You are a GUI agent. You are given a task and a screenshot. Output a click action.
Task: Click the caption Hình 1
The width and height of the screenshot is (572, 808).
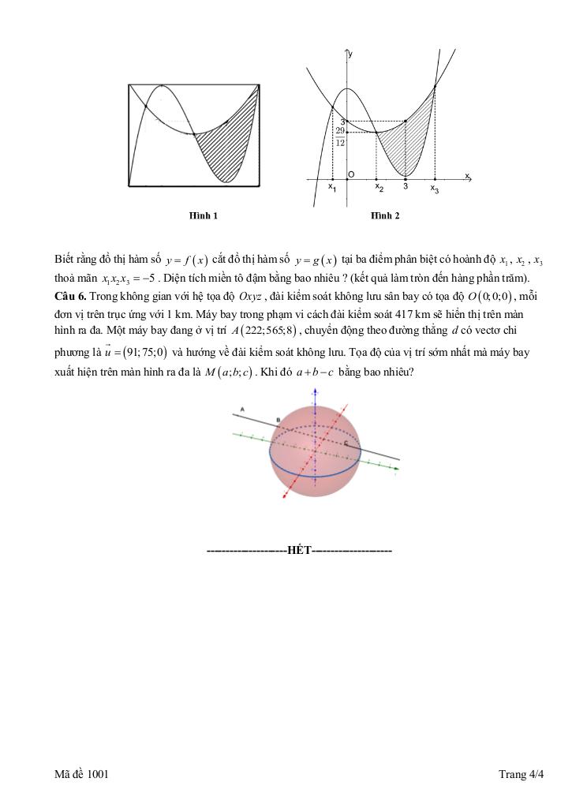(x=203, y=215)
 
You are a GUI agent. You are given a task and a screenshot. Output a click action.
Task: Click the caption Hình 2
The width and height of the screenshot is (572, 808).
(x=385, y=215)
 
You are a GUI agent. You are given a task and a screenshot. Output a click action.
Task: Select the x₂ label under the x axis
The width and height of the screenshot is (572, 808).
(x=379, y=188)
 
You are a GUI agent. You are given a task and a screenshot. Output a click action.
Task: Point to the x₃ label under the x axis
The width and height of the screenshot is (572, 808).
(x=435, y=189)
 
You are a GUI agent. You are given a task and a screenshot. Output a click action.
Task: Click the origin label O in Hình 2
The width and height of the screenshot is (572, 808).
(x=350, y=174)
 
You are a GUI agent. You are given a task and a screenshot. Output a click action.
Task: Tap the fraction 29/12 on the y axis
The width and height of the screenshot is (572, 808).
(x=339, y=137)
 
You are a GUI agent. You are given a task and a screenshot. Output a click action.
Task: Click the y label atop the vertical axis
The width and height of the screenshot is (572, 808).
(x=350, y=52)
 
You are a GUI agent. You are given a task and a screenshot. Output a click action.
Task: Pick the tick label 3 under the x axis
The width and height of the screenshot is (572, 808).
(x=406, y=187)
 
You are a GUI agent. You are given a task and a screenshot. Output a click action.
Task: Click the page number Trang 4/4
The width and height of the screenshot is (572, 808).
(x=522, y=775)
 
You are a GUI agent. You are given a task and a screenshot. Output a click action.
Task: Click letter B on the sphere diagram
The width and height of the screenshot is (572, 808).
(x=278, y=419)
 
